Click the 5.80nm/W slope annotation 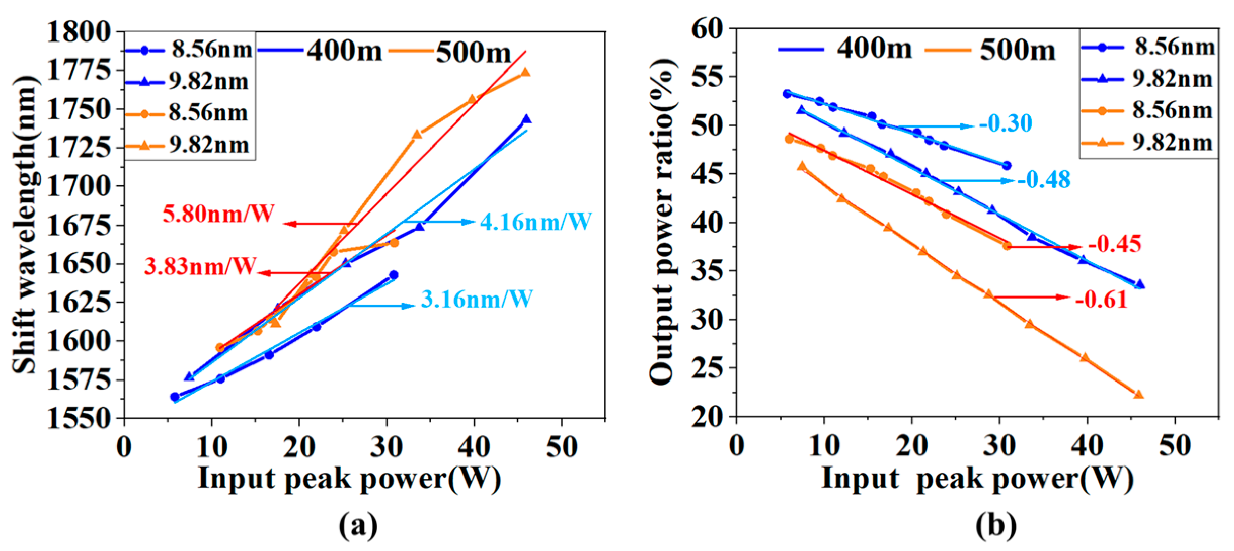pos(218,214)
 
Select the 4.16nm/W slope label pos(536,222)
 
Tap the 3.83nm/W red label pos(200,266)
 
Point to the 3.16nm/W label pos(477,299)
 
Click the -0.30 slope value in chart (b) pos(1006,123)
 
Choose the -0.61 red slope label pos(1101,300)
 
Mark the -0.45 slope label pos(1115,244)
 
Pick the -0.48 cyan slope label pos(1044,180)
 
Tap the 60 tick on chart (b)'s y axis pos(708,29)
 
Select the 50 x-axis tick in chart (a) pos(561,447)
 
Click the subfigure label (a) pos(358,526)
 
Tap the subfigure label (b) pos(995,526)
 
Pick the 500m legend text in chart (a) pos(473,53)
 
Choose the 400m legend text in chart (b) pos(874,49)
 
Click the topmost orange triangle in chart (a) pos(526,73)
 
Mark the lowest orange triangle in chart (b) pos(1138,395)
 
